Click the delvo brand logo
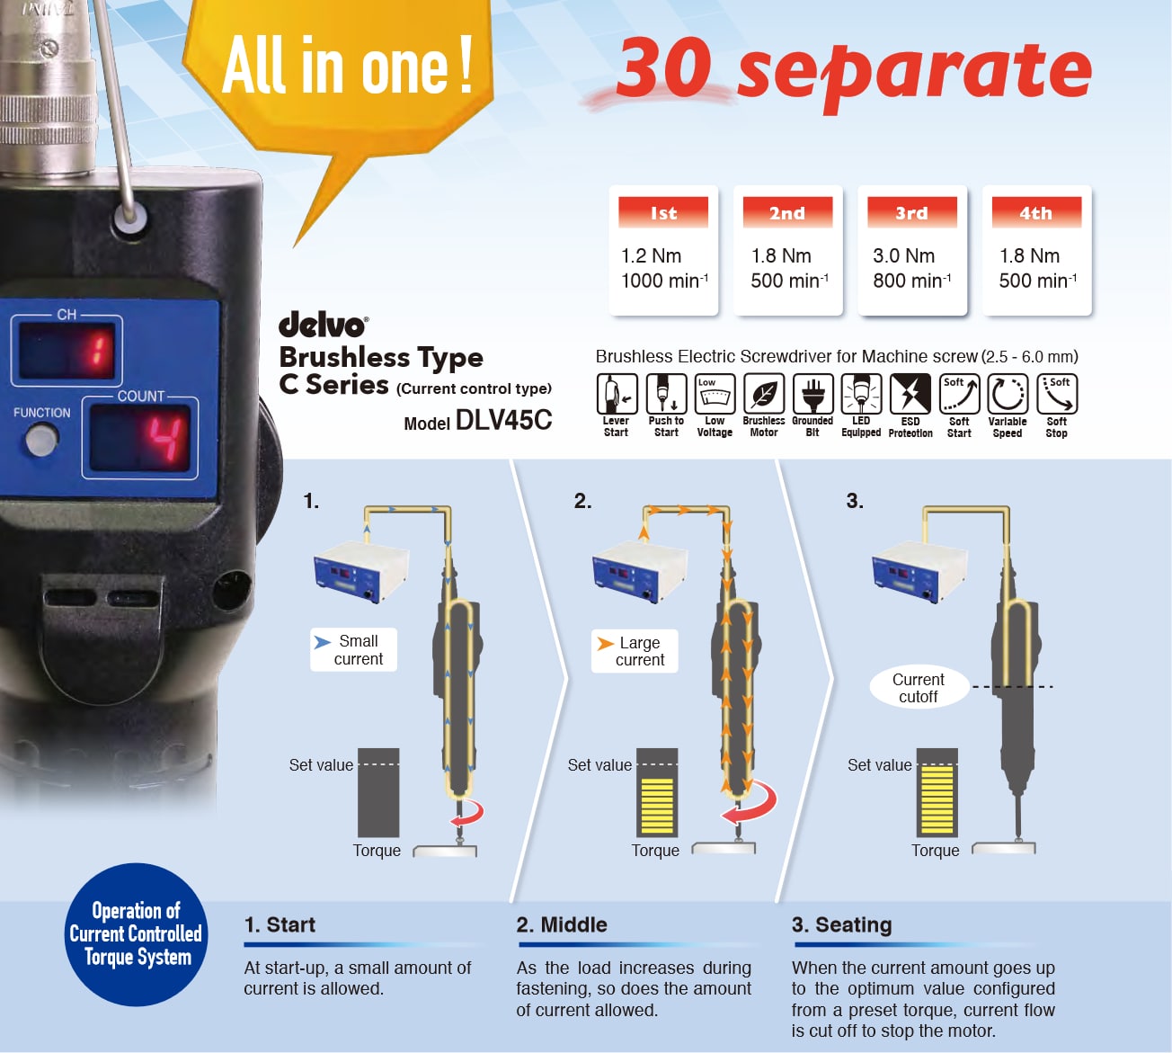click(x=323, y=325)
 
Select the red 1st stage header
click(x=663, y=212)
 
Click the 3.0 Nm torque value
click(x=903, y=256)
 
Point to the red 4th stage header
click(x=1036, y=212)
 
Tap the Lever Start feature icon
click(x=617, y=394)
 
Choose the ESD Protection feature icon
click(x=910, y=394)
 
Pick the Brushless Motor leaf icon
click(x=764, y=394)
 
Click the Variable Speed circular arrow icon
click(x=1008, y=394)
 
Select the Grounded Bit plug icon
click(x=812, y=394)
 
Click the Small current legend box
click(x=353, y=649)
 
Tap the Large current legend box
click(x=635, y=651)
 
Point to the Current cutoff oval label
click(x=919, y=687)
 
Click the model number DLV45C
click(x=503, y=420)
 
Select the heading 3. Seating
click(x=841, y=925)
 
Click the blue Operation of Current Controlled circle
click(x=136, y=934)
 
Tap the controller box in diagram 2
click(x=640, y=572)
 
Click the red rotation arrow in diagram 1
click(x=467, y=813)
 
